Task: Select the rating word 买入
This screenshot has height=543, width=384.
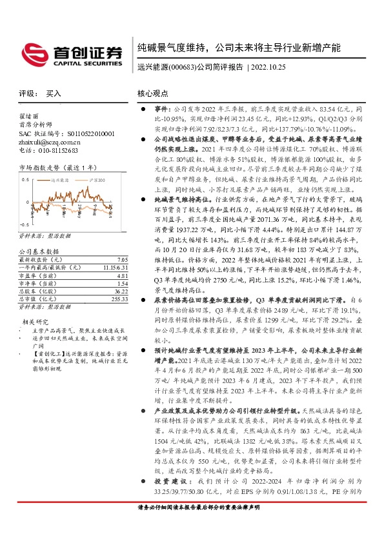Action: tap(54, 94)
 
